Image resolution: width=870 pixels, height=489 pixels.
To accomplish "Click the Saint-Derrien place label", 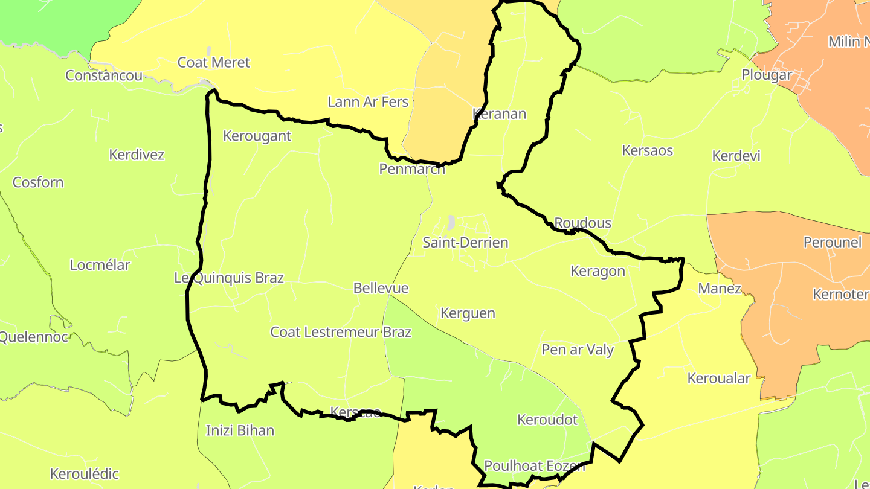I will [x=465, y=243].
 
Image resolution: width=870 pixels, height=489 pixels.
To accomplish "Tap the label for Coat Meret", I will [x=213, y=63].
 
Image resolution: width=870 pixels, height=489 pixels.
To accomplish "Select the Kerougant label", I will [x=257, y=136].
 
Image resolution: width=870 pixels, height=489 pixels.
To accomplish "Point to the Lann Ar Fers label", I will [x=368, y=102].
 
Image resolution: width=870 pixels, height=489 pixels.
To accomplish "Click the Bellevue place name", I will [x=381, y=288].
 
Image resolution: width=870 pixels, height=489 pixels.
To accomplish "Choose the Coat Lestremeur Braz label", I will [x=341, y=332].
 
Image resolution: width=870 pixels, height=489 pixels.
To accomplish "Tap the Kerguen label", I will [x=468, y=313].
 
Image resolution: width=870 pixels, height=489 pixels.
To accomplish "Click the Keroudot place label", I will [x=547, y=420].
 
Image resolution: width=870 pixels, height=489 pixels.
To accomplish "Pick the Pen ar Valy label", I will [x=578, y=350].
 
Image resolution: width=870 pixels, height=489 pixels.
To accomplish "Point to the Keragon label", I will [x=598, y=271].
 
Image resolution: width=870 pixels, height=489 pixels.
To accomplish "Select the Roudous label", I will [x=582, y=223].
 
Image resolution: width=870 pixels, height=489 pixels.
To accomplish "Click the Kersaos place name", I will [x=647, y=150].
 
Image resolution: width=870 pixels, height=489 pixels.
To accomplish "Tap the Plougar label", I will [x=767, y=75].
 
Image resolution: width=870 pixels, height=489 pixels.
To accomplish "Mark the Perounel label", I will [x=832, y=243].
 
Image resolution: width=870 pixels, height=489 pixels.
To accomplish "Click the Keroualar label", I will [x=719, y=379].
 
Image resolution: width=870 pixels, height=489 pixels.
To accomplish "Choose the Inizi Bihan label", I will [x=240, y=430].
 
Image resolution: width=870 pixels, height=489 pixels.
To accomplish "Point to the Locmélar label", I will [x=100, y=265].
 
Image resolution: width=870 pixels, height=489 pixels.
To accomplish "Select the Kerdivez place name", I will [x=137, y=155].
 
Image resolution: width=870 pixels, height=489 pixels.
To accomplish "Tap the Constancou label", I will [x=104, y=75].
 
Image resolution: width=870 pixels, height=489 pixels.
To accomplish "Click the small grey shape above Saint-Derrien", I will [x=451, y=222].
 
